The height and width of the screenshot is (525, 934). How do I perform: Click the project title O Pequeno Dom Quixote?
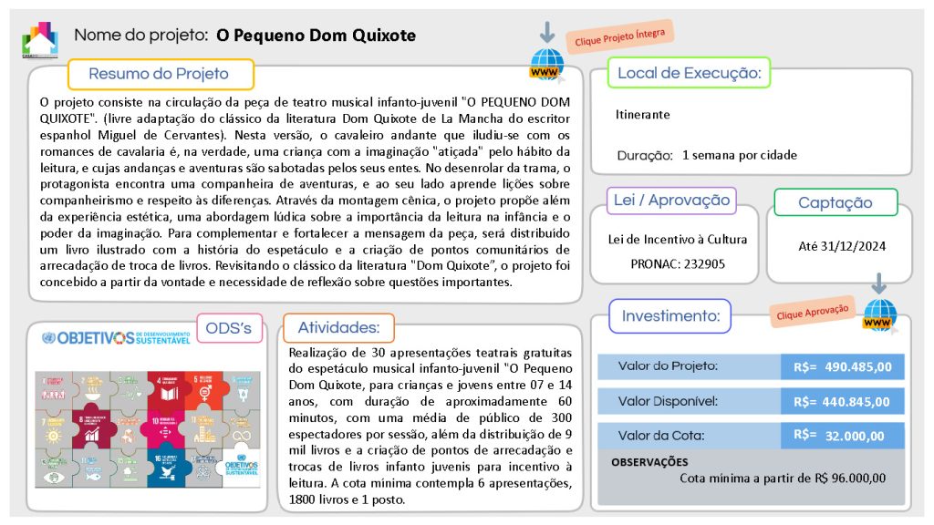(x=316, y=36)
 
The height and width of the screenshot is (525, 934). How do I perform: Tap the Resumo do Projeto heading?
(x=159, y=74)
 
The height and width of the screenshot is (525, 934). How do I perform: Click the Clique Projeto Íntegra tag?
(x=620, y=36)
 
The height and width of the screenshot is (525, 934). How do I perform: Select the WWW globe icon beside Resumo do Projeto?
(x=546, y=67)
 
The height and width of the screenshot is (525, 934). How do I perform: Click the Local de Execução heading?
(x=689, y=73)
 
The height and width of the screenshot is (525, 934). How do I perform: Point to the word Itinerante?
(x=642, y=115)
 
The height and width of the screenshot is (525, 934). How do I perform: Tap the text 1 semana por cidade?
(x=739, y=155)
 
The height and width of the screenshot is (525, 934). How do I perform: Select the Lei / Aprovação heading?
(x=671, y=201)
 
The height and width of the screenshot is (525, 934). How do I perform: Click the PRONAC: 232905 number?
(x=678, y=263)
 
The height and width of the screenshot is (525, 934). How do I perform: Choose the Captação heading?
(x=835, y=202)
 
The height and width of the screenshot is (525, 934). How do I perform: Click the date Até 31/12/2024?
(x=842, y=245)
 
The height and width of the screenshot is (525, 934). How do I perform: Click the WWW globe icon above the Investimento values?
(x=879, y=314)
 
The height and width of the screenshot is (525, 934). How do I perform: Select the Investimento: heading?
(x=670, y=316)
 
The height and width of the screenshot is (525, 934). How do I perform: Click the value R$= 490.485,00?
(x=842, y=366)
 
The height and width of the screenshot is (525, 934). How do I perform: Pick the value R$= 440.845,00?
(x=842, y=401)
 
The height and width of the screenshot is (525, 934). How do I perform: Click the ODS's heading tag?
(x=230, y=328)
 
